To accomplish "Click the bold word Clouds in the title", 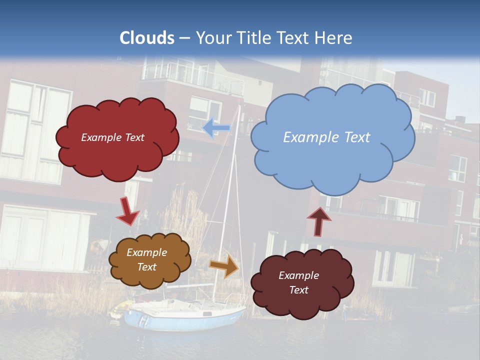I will click(147, 37).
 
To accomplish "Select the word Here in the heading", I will click(334, 37).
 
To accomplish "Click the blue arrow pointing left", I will click(216, 128).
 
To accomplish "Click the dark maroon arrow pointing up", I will click(318, 221).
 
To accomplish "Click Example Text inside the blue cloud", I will click(326, 137).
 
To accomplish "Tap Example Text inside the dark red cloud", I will click(112, 137).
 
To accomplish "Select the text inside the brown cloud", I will click(147, 260).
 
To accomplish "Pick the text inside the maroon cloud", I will click(298, 282).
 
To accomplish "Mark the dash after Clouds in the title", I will click(184, 37).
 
